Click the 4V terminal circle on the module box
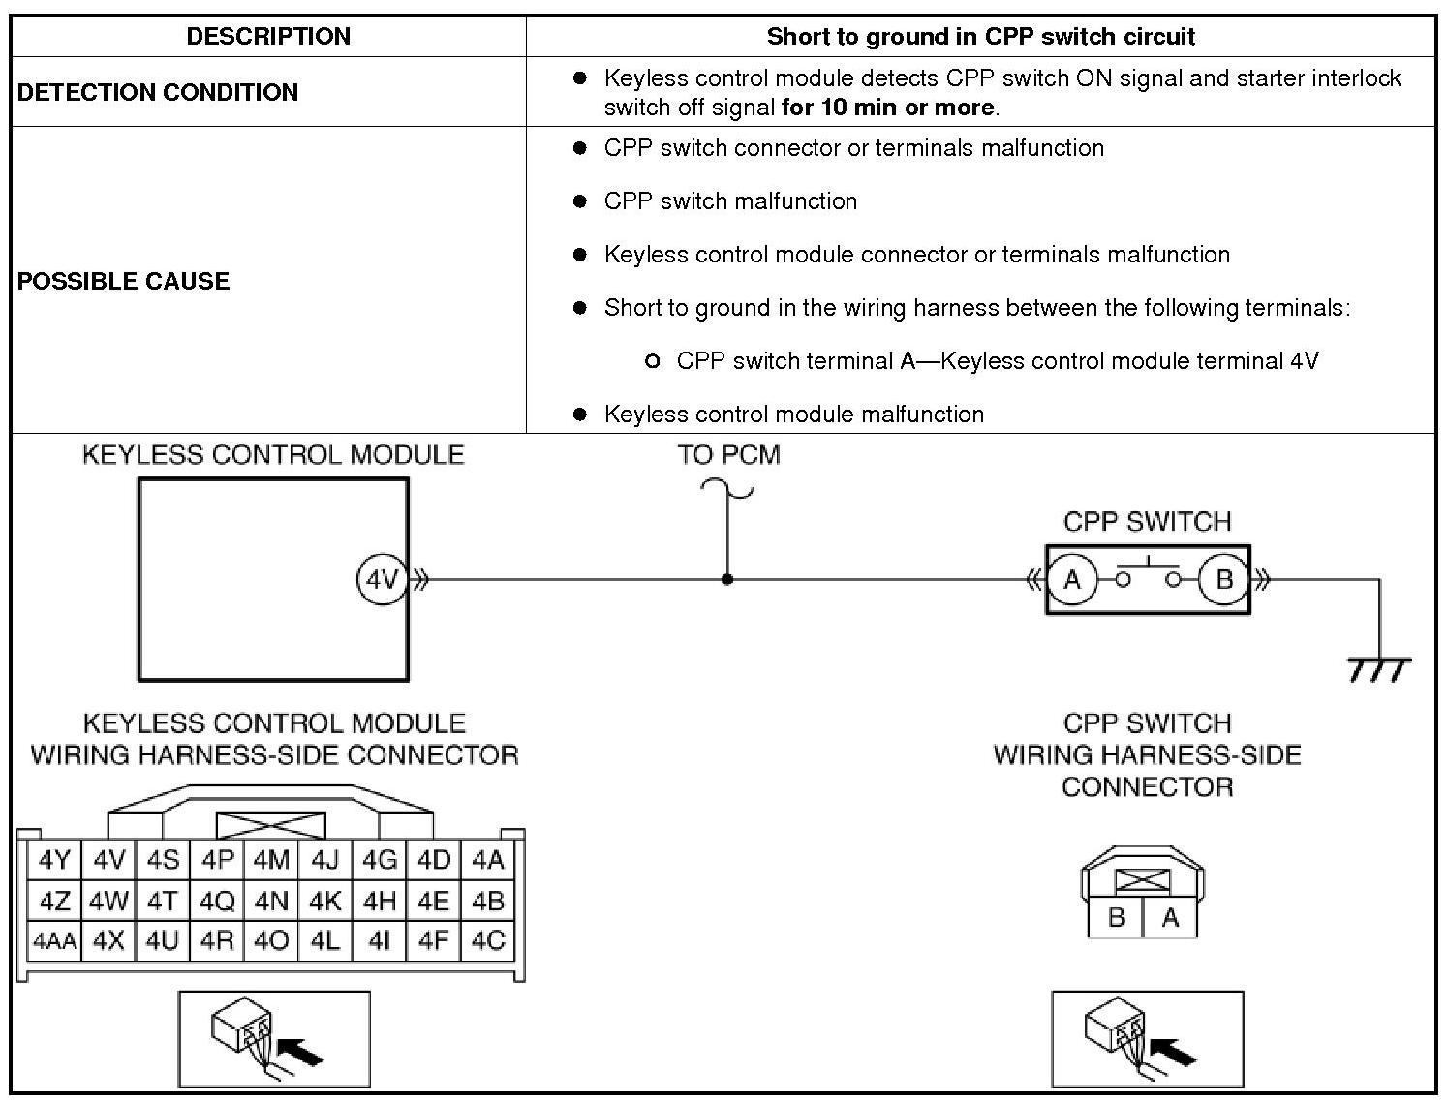point(382,580)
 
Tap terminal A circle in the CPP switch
point(1071,580)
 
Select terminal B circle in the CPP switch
point(1223,580)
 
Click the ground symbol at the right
point(1379,668)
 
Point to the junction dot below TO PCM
point(727,580)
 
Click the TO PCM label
point(728,455)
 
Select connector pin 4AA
point(54,940)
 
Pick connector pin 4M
point(271,860)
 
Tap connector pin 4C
point(488,940)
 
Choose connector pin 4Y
point(54,860)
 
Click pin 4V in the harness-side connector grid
point(109,860)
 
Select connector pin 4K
point(325,901)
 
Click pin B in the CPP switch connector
point(1116,917)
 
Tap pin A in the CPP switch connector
point(1170,917)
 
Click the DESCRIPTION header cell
point(268,37)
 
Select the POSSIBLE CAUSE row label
point(124,281)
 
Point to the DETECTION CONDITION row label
point(158,92)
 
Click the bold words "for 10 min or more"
point(887,108)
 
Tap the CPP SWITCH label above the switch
point(1147,522)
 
